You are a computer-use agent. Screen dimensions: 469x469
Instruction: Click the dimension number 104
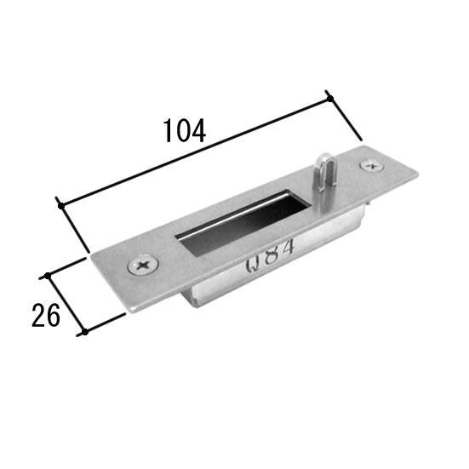(185, 131)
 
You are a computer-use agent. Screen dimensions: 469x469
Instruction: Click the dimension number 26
(46, 315)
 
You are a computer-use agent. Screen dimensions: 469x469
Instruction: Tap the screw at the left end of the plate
(143, 264)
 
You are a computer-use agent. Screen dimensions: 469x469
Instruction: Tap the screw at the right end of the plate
(372, 165)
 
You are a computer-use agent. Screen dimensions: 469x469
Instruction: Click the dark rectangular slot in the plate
(243, 221)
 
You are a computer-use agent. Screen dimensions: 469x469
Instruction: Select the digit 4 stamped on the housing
(286, 247)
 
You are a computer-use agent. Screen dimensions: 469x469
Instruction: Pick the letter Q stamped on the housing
(253, 265)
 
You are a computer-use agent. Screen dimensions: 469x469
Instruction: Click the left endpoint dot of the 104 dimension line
(61, 206)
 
